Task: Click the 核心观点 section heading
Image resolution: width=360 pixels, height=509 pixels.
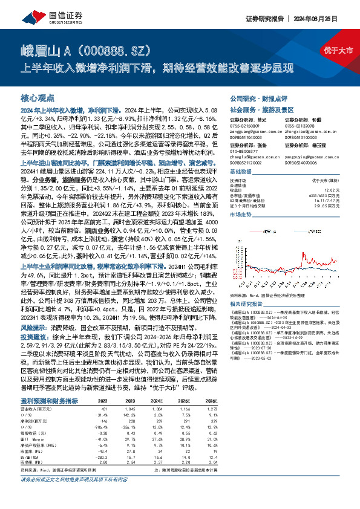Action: pos(38,97)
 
